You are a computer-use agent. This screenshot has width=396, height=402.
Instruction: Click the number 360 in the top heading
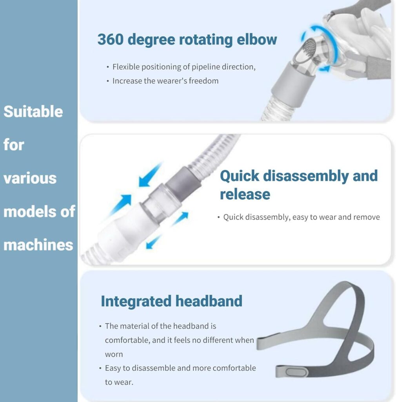point(111,40)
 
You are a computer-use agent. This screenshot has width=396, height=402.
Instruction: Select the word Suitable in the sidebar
point(33,111)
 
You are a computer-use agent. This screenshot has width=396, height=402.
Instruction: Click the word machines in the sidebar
point(38,245)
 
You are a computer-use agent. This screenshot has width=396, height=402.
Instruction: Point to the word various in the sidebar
point(30,178)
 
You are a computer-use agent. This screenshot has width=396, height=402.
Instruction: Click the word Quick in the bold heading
point(240,176)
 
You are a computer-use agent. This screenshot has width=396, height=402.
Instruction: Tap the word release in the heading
point(245,194)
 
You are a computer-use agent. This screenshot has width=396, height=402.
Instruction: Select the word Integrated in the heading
point(136,301)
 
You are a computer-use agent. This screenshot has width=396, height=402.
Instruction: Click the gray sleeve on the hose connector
point(183,181)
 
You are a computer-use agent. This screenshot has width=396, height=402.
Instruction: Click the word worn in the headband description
point(114,354)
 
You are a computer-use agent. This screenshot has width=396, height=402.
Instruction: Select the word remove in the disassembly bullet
point(367,217)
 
